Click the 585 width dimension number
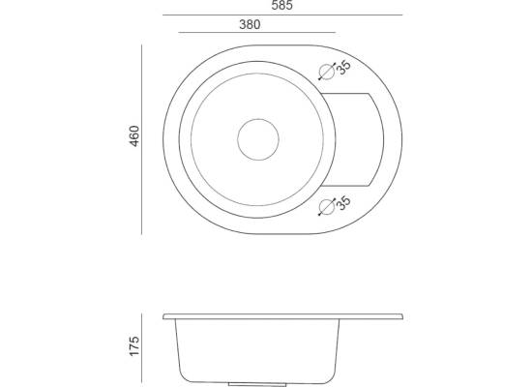pos(281,6)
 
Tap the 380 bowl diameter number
pos(250,24)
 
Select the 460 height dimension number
pos(134,136)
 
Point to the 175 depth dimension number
pos(134,346)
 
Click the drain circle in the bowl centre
pos(258,139)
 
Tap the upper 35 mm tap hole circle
pos(327,72)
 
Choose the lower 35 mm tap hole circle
pos(327,207)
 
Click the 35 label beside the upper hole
pos(343,67)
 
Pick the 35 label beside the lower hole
pos(343,202)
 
